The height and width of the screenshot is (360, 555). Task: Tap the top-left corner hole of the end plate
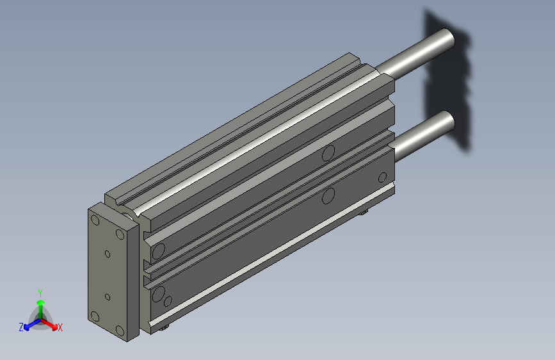[x=95, y=220]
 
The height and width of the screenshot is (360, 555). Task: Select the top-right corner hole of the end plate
[x=120, y=234]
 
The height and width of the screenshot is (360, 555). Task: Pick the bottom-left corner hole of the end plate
[x=95, y=316]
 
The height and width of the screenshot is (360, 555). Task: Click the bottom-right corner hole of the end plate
[x=120, y=331]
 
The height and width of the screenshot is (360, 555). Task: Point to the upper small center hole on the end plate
[x=108, y=254]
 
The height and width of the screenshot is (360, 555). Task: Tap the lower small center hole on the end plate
[x=108, y=297]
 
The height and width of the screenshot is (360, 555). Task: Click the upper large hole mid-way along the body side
[x=328, y=152]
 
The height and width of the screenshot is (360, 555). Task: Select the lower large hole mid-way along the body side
[x=328, y=195]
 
